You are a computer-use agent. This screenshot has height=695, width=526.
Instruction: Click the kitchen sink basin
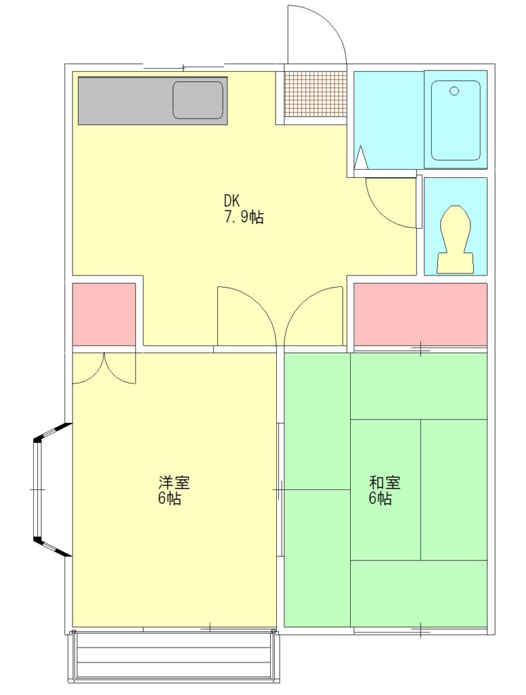click(198, 100)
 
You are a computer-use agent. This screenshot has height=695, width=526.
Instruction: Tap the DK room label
click(231, 202)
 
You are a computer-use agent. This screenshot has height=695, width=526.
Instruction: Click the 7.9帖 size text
click(243, 218)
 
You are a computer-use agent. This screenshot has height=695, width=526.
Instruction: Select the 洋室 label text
click(174, 483)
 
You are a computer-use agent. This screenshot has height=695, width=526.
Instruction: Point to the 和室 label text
click(385, 483)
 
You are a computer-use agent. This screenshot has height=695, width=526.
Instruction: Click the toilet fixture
click(455, 240)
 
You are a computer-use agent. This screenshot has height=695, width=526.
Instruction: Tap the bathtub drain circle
click(454, 92)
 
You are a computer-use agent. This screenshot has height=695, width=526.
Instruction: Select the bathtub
click(455, 120)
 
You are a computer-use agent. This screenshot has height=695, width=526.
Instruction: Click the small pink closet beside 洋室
click(104, 314)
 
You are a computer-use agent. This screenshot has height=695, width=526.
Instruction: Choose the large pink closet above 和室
click(420, 314)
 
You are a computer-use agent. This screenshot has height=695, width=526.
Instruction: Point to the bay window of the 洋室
click(49, 489)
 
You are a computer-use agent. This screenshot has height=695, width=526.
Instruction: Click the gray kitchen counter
click(153, 100)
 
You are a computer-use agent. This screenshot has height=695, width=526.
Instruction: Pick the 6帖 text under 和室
click(380, 499)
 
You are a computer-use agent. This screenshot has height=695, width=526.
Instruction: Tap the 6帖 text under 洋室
click(170, 499)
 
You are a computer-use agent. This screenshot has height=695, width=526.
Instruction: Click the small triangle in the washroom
click(362, 157)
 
